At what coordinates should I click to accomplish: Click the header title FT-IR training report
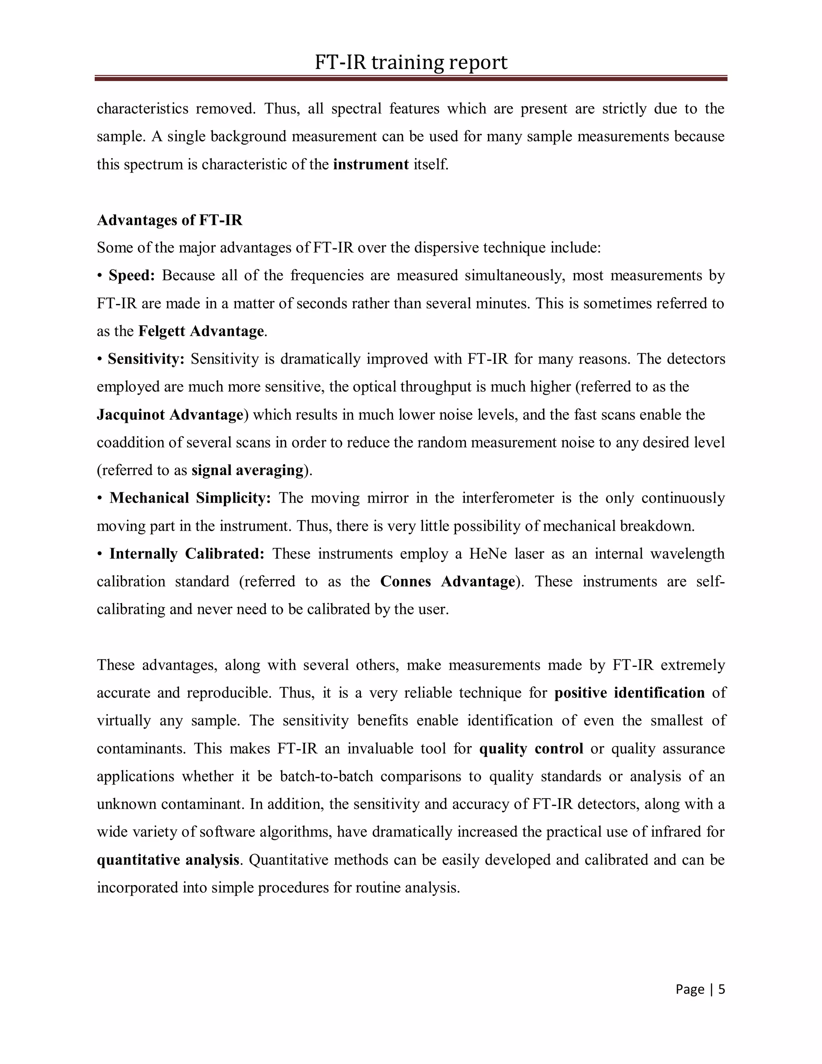pyautogui.click(x=411, y=62)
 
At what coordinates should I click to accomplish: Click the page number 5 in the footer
pyautogui.click(x=721, y=989)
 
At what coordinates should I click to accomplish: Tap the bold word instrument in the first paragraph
pyautogui.click(x=370, y=165)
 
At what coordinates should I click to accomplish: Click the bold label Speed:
pyautogui.click(x=132, y=276)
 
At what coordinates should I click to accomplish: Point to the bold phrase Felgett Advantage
pyautogui.click(x=201, y=331)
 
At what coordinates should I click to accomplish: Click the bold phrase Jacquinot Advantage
pyautogui.click(x=170, y=415)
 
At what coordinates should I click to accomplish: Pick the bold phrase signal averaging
pyautogui.click(x=247, y=470)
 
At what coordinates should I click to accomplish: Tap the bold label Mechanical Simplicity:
pyautogui.click(x=190, y=498)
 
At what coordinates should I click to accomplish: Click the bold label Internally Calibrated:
pyautogui.click(x=187, y=554)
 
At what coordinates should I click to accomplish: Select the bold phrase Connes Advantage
pyautogui.click(x=447, y=582)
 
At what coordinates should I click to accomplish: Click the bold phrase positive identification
pyautogui.click(x=629, y=693)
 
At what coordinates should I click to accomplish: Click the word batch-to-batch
pyautogui.click(x=326, y=776)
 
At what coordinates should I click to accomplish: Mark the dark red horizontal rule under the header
pyautogui.click(x=411, y=78)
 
